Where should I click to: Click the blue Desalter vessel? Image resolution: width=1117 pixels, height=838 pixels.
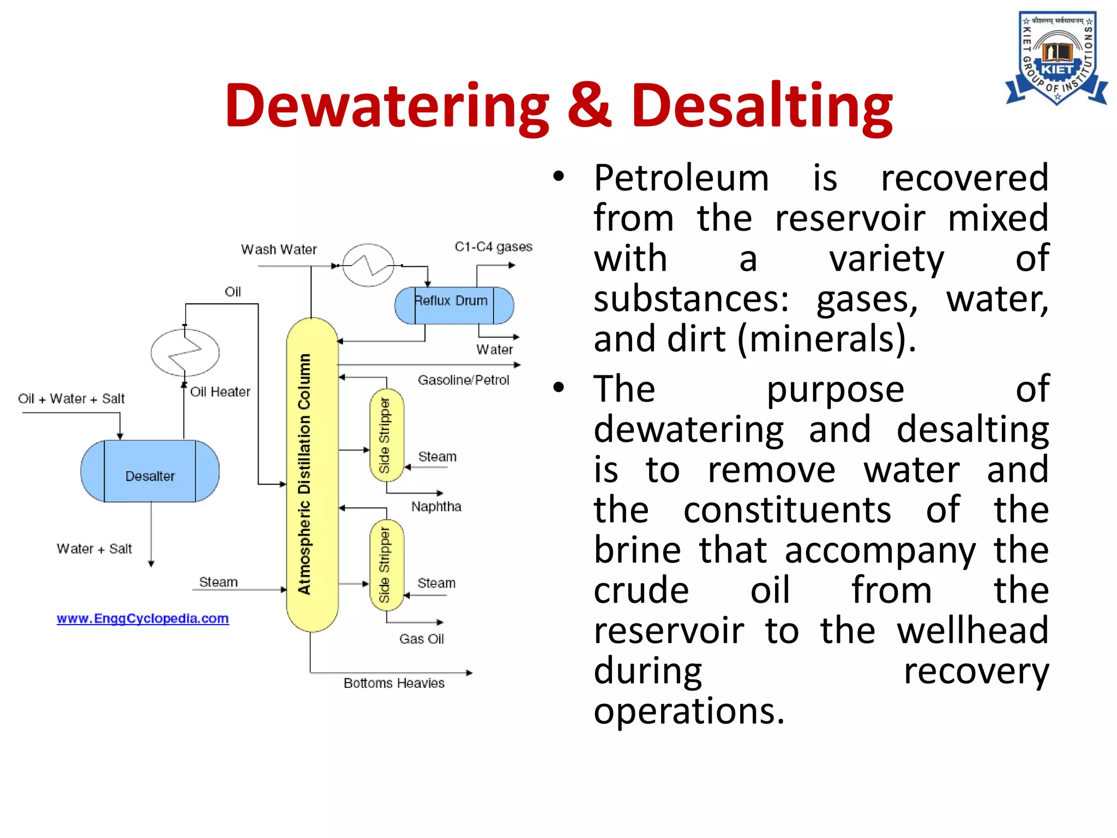point(150,471)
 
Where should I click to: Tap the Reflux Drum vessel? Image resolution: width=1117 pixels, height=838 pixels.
point(454,306)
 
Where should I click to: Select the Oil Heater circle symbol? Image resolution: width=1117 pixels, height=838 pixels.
point(185,352)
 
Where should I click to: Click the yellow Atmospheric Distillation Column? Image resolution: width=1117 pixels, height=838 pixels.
point(312,475)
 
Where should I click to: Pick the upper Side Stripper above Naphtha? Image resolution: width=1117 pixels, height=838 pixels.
point(386,435)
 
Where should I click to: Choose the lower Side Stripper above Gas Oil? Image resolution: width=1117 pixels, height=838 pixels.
point(386,565)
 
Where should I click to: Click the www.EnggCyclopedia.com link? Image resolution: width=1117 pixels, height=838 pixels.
point(142,619)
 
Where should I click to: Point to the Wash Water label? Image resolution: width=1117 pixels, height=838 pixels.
point(279,249)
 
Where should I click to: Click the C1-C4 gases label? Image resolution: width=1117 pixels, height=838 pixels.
point(493,247)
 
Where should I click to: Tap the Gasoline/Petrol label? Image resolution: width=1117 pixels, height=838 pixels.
point(463,380)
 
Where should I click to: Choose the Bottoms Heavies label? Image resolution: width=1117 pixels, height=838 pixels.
point(394,683)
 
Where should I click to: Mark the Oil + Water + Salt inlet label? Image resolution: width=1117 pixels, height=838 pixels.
point(71,399)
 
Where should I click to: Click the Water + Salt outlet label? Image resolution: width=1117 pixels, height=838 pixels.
point(94,549)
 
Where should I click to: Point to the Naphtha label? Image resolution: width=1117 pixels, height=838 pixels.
point(436,507)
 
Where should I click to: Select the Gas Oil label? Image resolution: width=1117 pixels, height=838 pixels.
point(421,639)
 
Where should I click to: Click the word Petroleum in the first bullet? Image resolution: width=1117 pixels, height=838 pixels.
point(681,178)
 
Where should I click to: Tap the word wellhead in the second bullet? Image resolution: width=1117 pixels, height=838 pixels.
point(972,631)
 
